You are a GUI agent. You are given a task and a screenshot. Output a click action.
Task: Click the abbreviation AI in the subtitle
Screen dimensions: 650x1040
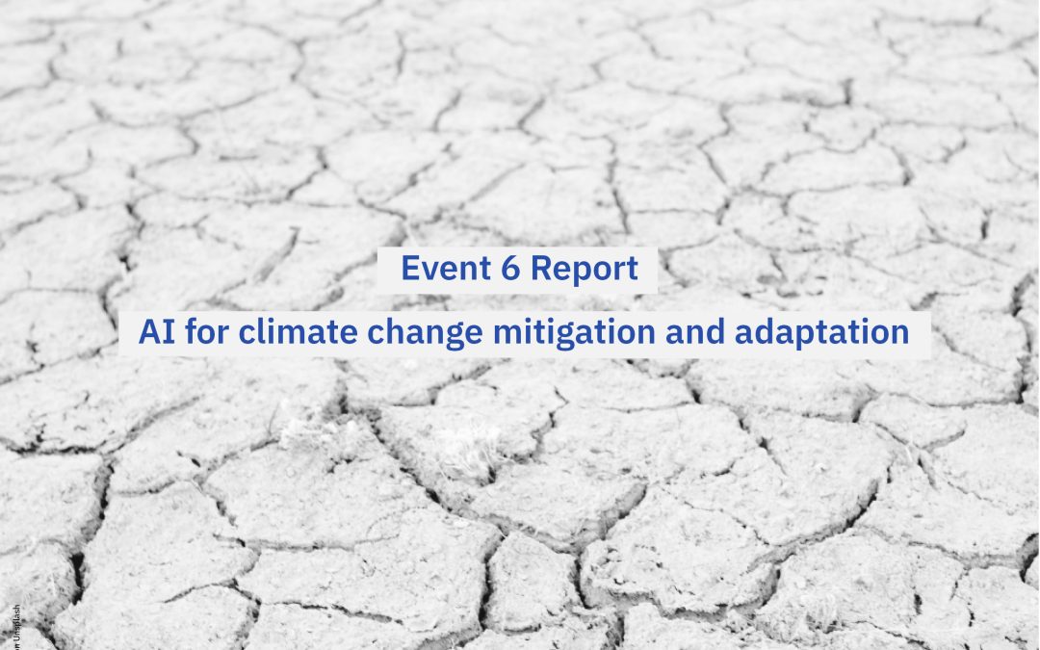(x=154, y=333)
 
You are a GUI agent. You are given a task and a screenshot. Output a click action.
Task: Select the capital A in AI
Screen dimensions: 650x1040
(x=149, y=333)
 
